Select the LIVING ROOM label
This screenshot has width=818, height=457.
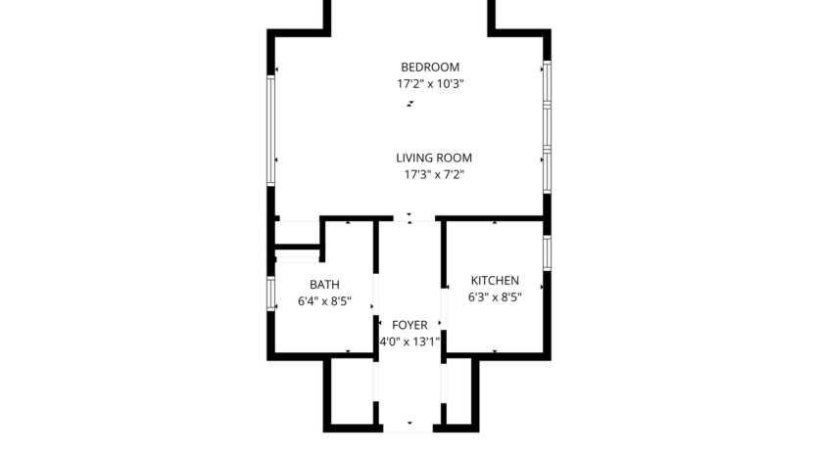[x=434, y=158]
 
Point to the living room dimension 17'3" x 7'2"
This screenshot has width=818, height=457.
[x=434, y=175]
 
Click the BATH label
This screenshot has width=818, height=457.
[x=324, y=285]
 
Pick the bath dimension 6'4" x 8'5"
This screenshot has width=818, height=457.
[x=324, y=301]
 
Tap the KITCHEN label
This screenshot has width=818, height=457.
[x=494, y=281]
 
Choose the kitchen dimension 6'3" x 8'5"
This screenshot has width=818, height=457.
[x=494, y=297]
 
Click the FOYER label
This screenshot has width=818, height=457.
[x=409, y=325]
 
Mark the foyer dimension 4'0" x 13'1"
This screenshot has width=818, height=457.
[x=409, y=342]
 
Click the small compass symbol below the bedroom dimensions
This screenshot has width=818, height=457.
[x=409, y=102]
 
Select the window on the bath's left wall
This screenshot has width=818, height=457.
[x=271, y=294]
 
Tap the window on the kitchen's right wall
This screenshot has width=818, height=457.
[x=548, y=252]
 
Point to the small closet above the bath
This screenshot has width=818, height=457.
[x=298, y=235]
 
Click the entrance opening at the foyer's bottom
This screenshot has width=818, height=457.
[x=410, y=428]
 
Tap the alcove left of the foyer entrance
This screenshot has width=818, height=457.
[x=351, y=391]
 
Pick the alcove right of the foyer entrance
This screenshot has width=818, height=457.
[x=459, y=391]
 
